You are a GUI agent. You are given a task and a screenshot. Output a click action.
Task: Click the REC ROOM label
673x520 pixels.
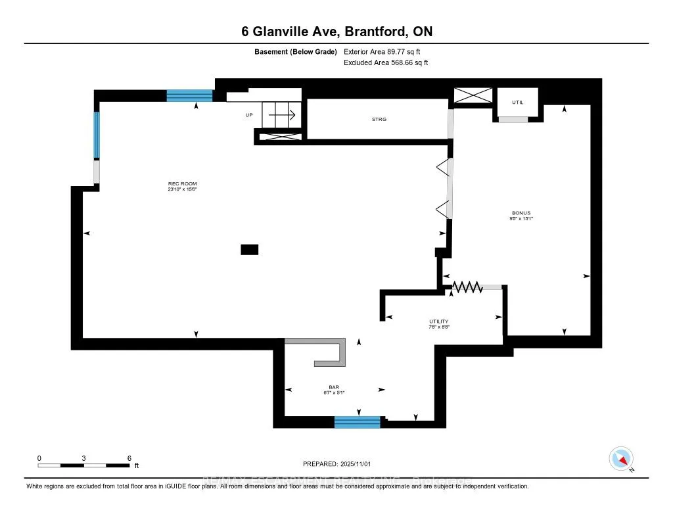pyautogui.click(x=182, y=183)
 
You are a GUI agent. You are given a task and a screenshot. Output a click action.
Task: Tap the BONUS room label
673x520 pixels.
pyautogui.click(x=521, y=213)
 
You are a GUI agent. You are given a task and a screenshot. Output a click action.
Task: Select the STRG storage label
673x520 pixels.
pyautogui.click(x=379, y=119)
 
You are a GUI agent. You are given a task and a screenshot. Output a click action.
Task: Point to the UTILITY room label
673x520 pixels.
pyautogui.click(x=438, y=320)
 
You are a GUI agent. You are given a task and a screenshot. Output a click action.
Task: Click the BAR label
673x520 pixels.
pyautogui.click(x=334, y=387)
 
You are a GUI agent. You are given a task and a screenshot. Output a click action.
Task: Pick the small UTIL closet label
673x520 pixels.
pyautogui.click(x=518, y=102)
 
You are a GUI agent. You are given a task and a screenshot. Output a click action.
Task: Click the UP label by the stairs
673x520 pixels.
pyautogui.click(x=249, y=115)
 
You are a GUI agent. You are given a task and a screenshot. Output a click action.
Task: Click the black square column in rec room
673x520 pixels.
pyautogui.click(x=250, y=249)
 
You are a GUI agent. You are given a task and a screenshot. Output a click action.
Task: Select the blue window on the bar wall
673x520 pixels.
pyautogui.click(x=358, y=422)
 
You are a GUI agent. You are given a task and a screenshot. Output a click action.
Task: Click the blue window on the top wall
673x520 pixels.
pyautogui.click(x=190, y=96)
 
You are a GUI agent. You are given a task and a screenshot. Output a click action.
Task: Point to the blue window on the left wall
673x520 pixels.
pyautogui.click(x=96, y=135)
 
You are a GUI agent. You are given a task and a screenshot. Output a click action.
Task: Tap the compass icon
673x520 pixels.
pyautogui.click(x=620, y=458)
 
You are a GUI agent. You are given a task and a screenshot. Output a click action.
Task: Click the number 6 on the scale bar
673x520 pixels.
pyautogui.click(x=129, y=458)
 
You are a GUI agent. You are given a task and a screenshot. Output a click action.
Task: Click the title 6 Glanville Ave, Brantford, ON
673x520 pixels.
pyautogui.click(x=336, y=32)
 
